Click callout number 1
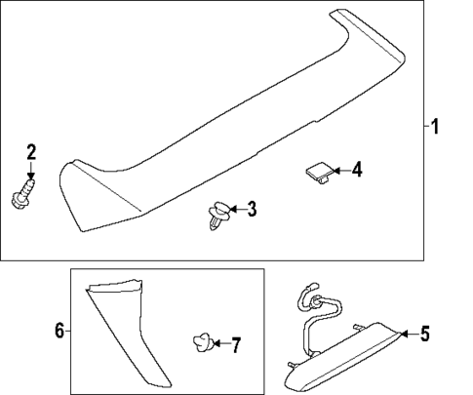[x=436, y=126]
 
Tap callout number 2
[x=31, y=151]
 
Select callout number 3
[x=252, y=208]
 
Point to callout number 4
[x=356, y=171]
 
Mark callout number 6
[x=59, y=332]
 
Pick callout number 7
[x=234, y=344]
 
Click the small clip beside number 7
[x=201, y=343]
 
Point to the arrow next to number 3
[x=236, y=208]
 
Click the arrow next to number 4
[x=338, y=171]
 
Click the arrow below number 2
[x=31, y=175]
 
